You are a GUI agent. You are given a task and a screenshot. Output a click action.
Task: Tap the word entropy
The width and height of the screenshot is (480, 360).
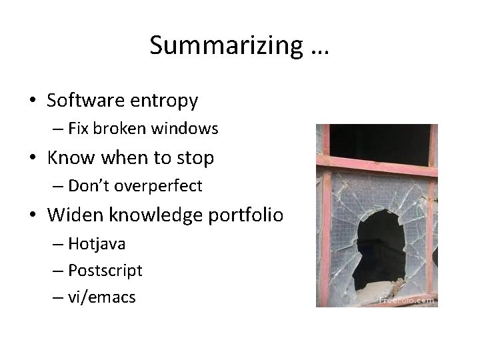click(x=164, y=101)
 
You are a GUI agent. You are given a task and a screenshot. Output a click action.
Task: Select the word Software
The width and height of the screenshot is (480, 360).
click(x=85, y=101)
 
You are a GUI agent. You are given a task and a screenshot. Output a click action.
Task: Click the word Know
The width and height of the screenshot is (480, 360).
click(x=71, y=158)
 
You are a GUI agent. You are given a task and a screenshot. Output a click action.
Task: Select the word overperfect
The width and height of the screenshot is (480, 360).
click(x=158, y=186)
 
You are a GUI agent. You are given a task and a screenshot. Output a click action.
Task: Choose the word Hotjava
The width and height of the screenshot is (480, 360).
click(x=97, y=244)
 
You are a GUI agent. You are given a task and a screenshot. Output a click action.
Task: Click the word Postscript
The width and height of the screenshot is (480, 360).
click(x=105, y=271)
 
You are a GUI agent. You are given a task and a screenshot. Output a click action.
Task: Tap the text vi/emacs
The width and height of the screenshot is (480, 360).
click(x=101, y=297)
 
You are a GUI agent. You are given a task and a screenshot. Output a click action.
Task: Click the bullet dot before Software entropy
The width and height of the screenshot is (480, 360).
click(x=33, y=101)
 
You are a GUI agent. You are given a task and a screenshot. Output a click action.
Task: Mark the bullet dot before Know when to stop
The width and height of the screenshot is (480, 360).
click(x=33, y=159)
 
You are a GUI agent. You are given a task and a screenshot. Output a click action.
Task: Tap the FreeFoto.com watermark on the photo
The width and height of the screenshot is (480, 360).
click(x=406, y=300)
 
